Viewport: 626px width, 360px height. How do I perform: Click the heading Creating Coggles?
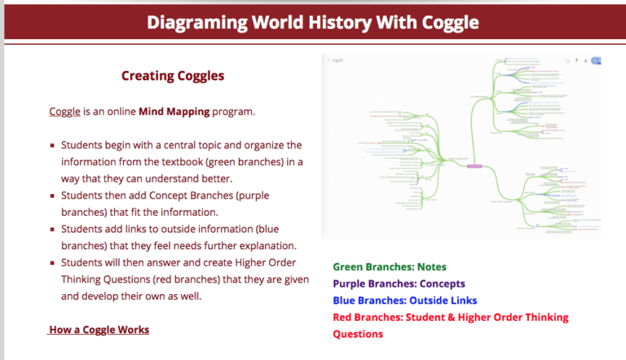pos(173,76)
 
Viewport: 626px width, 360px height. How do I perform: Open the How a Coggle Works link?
pos(99,330)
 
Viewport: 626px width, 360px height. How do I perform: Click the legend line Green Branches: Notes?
pos(390,267)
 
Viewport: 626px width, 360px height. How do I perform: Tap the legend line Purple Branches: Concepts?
pos(399,284)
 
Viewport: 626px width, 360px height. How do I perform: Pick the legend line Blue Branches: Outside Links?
pos(406,301)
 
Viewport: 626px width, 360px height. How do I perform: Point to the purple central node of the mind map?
pos(474,166)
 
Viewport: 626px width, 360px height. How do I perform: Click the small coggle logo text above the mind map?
pos(337,60)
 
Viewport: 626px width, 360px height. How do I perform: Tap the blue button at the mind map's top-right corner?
pos(596,60)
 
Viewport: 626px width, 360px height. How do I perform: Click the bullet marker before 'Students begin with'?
pos(52,145)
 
